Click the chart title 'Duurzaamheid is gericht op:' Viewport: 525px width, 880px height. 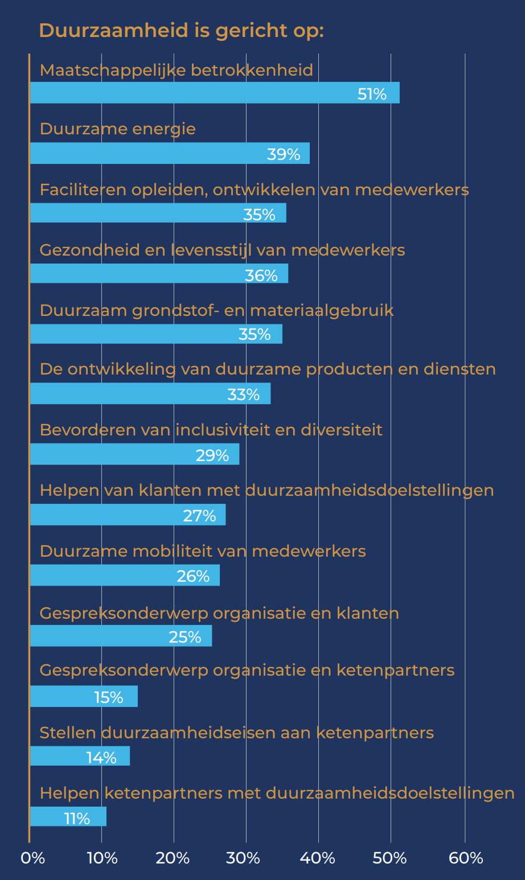point(181,30)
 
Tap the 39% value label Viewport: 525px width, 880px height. point(283,154)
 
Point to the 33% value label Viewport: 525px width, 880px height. point(243,394)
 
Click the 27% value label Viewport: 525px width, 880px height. point(199,516)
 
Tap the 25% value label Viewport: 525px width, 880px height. point(185,636)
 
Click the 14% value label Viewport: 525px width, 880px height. point(101,758)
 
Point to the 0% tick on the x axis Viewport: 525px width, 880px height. point(32,858)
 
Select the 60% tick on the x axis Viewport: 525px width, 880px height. point(465,858)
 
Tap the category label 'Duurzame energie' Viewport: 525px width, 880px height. point(118,129)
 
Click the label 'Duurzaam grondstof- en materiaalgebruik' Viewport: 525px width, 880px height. point(217,311)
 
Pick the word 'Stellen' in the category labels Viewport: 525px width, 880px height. point(68,733)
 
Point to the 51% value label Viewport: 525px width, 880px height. point(372,94)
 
